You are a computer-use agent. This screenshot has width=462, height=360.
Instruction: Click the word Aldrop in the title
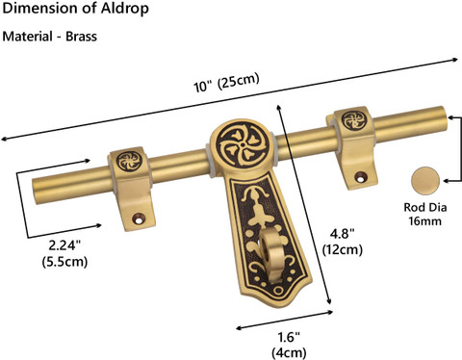coord(124,9)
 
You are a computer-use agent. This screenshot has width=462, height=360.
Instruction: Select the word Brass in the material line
coord(81,37)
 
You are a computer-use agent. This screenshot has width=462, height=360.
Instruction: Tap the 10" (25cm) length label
coord(226,83)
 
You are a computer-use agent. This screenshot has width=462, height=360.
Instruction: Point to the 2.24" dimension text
coord(64,245)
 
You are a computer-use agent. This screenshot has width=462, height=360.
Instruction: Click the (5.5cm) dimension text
coord(64,262)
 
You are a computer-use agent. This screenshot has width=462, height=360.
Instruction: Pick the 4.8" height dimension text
coord(343,234)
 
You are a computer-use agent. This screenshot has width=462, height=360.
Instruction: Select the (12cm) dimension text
coord(343,249)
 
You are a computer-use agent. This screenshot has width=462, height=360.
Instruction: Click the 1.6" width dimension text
coord(289,337)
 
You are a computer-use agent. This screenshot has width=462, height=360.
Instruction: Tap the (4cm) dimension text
coord(289,352)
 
